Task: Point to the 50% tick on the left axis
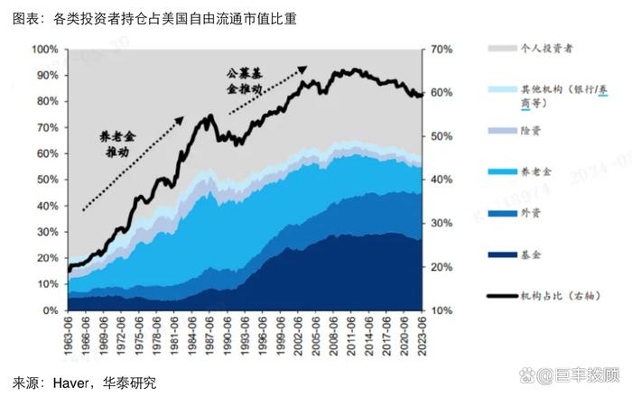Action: click(x=46, y=180)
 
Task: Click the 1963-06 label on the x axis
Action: click(x=70, y=336)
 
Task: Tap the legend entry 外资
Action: click(x=532, y=214)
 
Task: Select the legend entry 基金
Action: click(x=532, y=257)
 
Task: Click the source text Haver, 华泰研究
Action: click(x=86, y=383)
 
